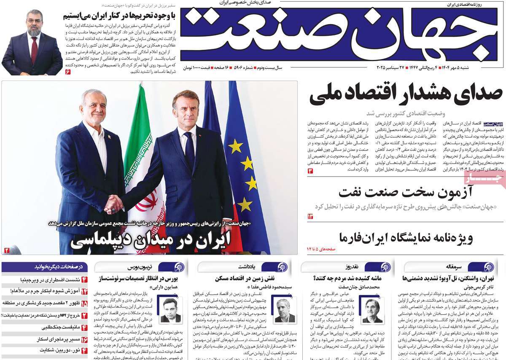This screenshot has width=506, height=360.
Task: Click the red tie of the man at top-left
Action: [x=34, y=50]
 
